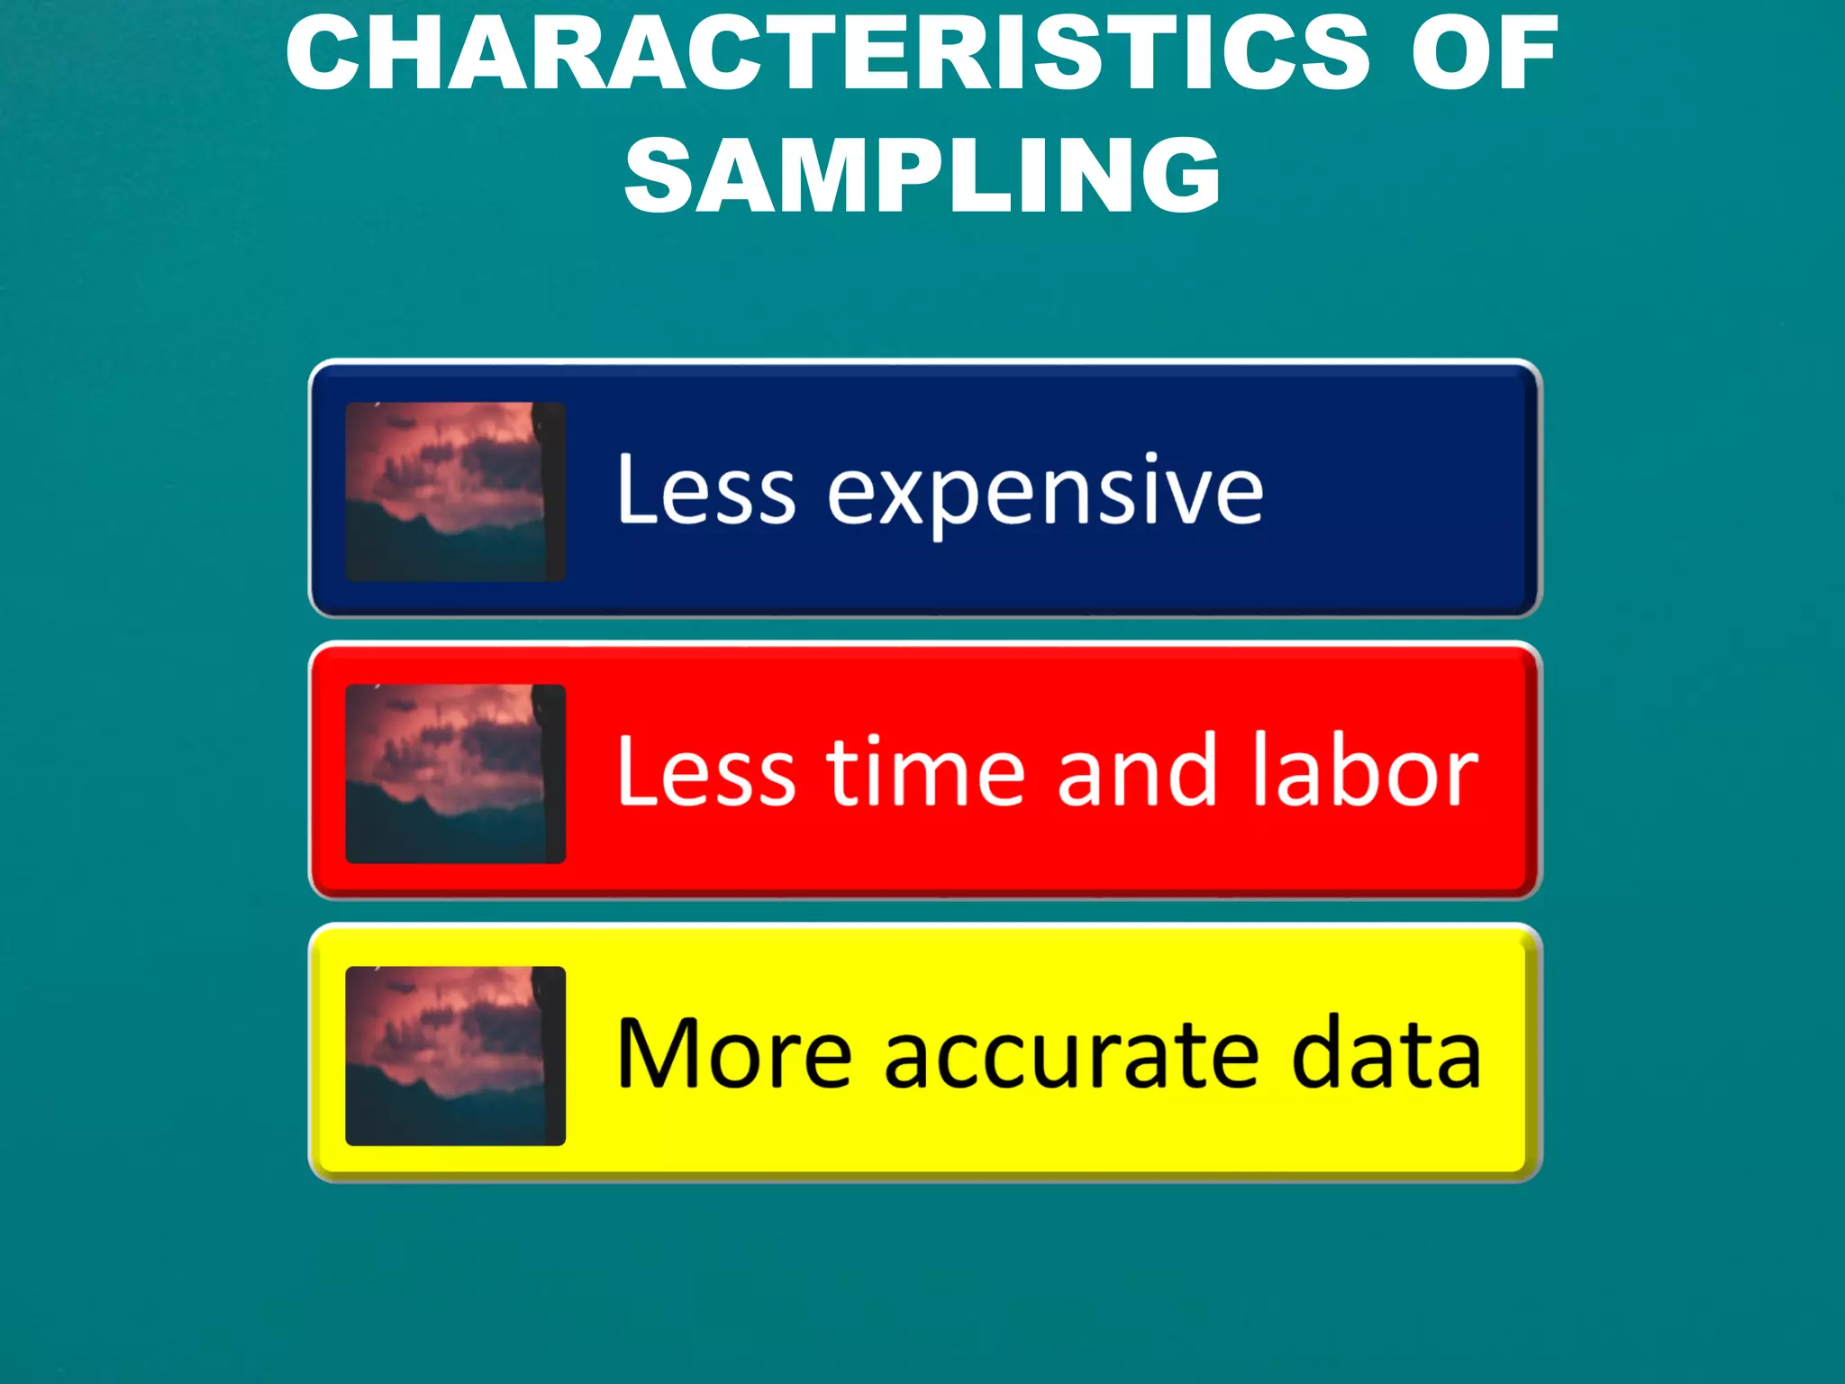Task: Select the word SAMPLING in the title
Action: [x=922, y=175]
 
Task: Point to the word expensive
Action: [x=1045, y=494]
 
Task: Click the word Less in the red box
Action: [x=706, y=771]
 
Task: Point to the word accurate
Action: [x=1071, y=1056]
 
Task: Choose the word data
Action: [x=1386, y=1053]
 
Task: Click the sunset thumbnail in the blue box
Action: [x=455, y=491]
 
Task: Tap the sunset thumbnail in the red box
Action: [x=455, y=773]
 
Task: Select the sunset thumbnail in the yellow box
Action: [x=455, y=1055]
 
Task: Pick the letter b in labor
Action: [x=1346, y=771]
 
